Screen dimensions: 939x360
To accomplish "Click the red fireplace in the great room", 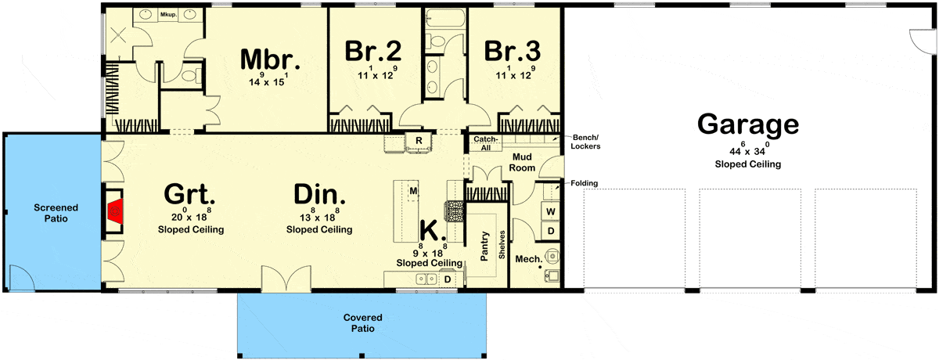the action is pyautogui.click(x=115, y=211).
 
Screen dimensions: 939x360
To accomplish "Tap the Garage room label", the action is pyautogui.click(x=748, y=124).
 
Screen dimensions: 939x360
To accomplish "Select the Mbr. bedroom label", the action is pyautogui.click(x=270, y=59).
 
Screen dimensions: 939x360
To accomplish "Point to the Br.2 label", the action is pyautogui.click(x=372, y=51).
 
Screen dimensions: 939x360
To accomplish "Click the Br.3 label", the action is pyautogui.click(x=513, y=51).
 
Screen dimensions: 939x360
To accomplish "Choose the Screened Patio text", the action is pyautogui.click(x=56, y=213).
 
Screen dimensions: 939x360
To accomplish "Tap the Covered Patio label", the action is pyautogui.click(x=362, y=322).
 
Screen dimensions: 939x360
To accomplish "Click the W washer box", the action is pyautogui.click(x=550, y=211).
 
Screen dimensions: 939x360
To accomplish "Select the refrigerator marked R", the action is pyautogui.click(x=419, y=141).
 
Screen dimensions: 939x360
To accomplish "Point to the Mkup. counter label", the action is pyautogui.click(x=168, y=15).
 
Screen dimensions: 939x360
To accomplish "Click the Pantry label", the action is pyautogui.click(x=484, y=246).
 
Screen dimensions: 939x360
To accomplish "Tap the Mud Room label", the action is pyautogui.click(x=522, y=162).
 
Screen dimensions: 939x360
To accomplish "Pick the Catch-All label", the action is pyautogui.click(x=485, y=143).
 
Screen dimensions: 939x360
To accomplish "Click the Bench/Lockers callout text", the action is pyautogui.click(x=585, y=142).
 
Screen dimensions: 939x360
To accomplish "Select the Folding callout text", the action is pyautogui.click(x=584, y=183).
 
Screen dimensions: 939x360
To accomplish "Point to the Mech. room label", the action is pyautogui.click(x=529, y=259).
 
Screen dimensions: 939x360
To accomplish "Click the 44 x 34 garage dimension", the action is pyautogui.click(x=747, y=149).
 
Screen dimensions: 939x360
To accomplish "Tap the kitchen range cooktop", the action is pyautogui.click(x=455, y=212).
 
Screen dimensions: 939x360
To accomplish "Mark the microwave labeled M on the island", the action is pyautogui.click(x=413, y=191).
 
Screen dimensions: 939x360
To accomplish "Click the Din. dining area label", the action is pyautogui.click(x=319, y=194).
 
